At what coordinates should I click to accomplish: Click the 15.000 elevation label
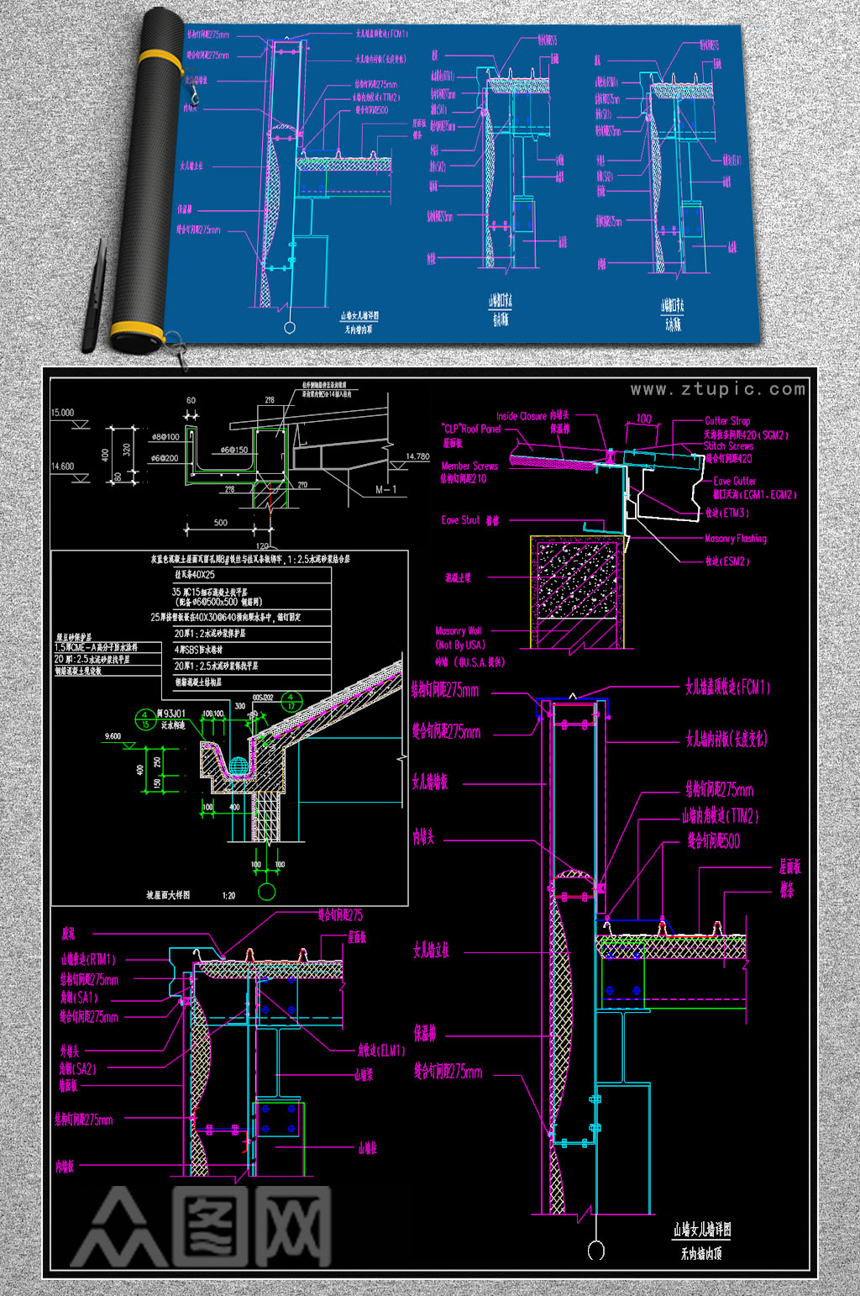click(x=63, y=413)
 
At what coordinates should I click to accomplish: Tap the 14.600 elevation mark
click(x=63, y=466)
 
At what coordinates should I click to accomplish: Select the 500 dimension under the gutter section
click(x=220, y=523)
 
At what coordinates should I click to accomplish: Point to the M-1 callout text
click(x=385, y=489)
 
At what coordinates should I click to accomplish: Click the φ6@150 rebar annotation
click(x=234, y=450)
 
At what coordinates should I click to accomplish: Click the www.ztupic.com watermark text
click(x=718, y=389)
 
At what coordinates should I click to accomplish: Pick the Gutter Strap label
click(x=727, y=420)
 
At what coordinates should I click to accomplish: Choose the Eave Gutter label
click(x=734, y=481)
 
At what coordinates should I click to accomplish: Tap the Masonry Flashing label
click(x=735, y=539)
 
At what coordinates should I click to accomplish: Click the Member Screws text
click(x=469, y=466)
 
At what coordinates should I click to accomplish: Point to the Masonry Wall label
click(x=459, y=630)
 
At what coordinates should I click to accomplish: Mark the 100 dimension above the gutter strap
click(x=643, y=419)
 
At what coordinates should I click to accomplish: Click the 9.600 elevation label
click(x=113, y=736)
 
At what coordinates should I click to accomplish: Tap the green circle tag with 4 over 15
click(x=144, y=719)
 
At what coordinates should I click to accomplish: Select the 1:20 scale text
click(x=228, y=895)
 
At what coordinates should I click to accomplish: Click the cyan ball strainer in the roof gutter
click(x=239, y=766)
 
